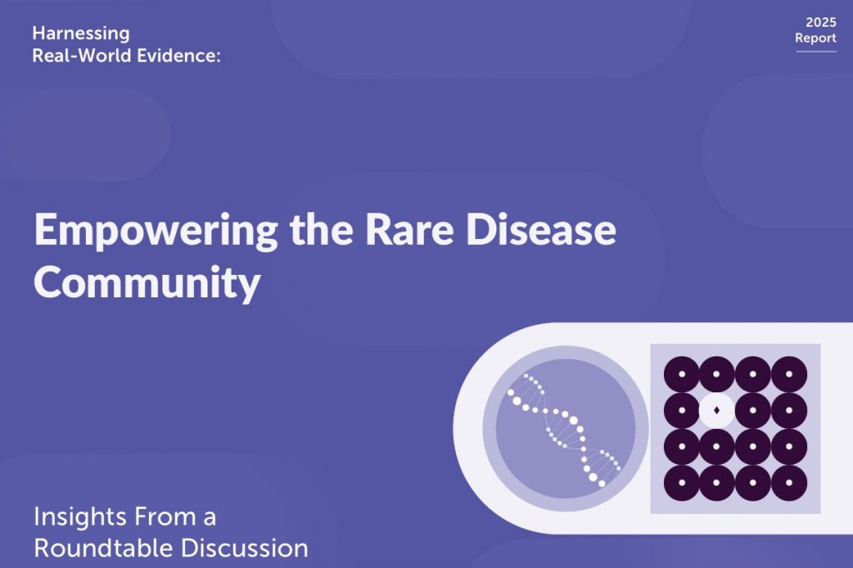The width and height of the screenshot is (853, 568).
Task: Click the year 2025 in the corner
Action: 821,22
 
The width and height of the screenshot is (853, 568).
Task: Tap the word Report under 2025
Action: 816,38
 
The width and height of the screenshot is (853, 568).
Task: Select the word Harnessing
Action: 81,34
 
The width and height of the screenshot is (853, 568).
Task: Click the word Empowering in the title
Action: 156,232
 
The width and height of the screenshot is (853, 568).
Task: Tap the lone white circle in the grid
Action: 716,411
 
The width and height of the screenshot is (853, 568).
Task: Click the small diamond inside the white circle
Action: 716,411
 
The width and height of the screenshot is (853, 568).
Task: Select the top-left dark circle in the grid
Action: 681,374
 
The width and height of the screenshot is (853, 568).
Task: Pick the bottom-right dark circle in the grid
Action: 789,482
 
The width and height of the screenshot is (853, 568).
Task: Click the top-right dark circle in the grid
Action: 789,374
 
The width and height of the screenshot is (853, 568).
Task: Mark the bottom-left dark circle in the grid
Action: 681,482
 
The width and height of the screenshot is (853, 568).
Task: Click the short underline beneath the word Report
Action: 816,52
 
